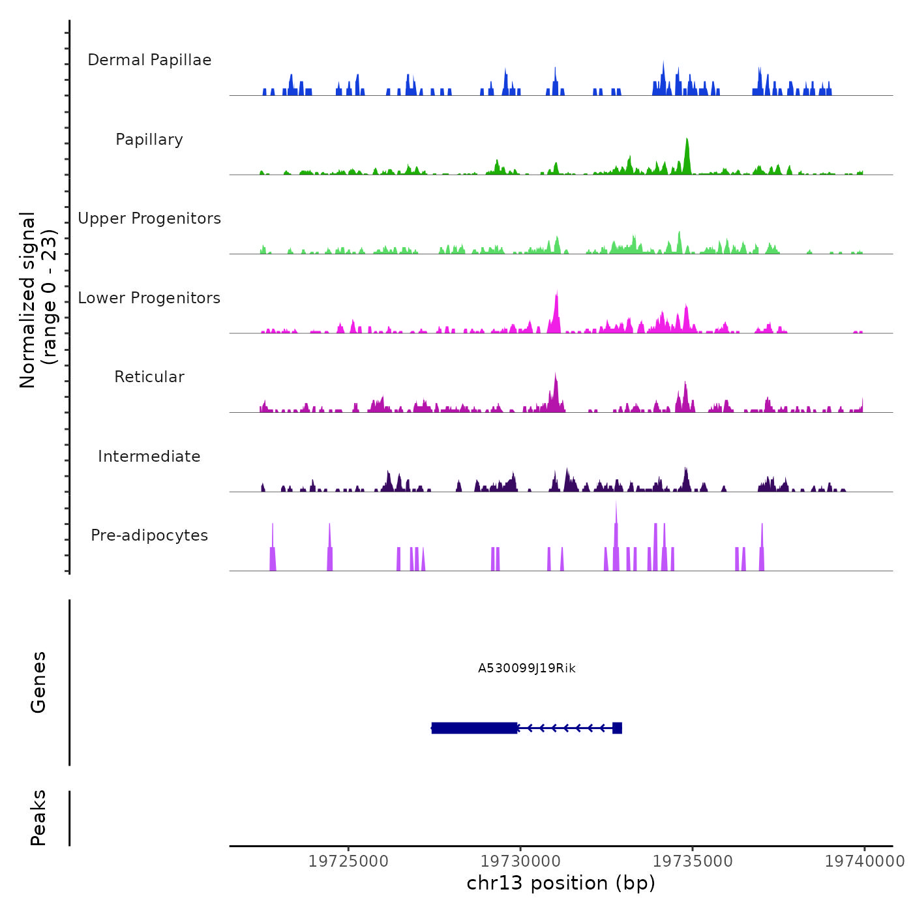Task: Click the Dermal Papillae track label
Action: (149, 60)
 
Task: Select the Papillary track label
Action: (149, 140)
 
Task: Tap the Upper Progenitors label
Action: (149, 218)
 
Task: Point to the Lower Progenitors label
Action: (149, 298)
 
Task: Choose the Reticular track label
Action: (149, 377)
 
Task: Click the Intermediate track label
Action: (149, 456)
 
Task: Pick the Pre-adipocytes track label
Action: (149, 535)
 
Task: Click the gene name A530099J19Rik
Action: (527, 668)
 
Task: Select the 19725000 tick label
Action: (348, 861)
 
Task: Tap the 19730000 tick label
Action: (520, 861)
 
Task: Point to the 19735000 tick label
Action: (693, 861)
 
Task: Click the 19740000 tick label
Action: (865, 861)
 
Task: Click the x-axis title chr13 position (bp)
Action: (561, 884)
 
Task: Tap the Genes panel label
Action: (38, 682)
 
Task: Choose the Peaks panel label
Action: (38, 818)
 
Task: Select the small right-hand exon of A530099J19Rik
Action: (617, 728)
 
